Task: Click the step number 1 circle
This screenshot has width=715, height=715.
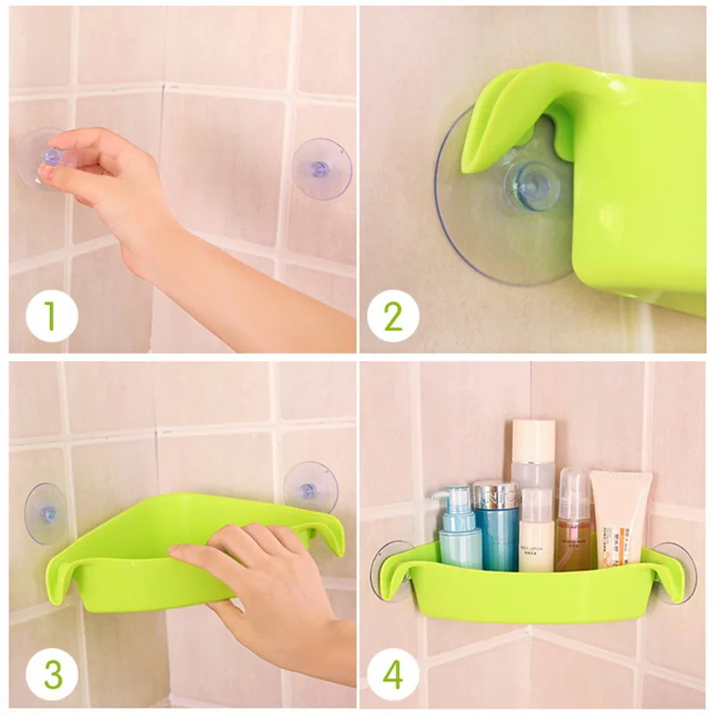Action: (x=52, y=315)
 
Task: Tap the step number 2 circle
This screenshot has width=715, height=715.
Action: (x=392, y=315)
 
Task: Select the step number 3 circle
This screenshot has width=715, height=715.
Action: (x=52, y=675)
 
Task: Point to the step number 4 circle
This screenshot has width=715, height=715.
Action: (x=392, y=675)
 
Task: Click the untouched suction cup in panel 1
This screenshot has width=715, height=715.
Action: (x=323, y=168)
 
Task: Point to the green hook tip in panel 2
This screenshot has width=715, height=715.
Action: (x=470, y=165)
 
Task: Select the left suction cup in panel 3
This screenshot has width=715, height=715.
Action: (x=46, y=514)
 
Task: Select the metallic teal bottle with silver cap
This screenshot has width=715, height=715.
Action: (x=496, y=525)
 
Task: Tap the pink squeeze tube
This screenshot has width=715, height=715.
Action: (x=620, y=519)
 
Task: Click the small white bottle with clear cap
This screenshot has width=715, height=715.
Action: (x=537, y=530)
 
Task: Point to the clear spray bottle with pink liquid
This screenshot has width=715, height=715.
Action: (x=575, y=519)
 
